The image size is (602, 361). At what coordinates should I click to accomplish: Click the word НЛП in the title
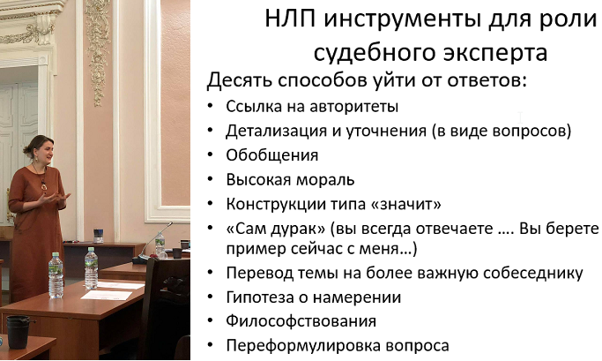coord(290,19)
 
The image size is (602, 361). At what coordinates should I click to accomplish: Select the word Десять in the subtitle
coord(239,80)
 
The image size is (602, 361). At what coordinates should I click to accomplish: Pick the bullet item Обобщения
coord(271,155)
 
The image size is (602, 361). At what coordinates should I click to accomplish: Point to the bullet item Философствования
coord(301,321)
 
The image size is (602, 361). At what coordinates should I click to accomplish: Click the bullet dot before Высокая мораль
coord(210,180)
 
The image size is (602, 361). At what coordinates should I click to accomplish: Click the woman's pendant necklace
coord(44,185)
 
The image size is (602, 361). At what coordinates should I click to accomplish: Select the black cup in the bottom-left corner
coord(18,332)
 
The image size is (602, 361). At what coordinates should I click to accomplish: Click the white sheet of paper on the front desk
coord(107,296)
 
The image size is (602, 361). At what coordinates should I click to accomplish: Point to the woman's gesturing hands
coord(54,199)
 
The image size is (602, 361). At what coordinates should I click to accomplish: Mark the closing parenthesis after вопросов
coord(568,132)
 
